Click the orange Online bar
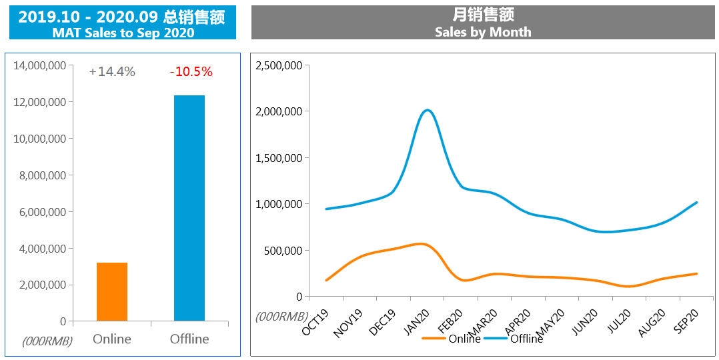(112, 292)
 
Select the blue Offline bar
(189, 208)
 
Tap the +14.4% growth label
(112, 71)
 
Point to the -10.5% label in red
(191, 71)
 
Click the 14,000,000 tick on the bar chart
(39, 65)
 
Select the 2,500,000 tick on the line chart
(279, 65)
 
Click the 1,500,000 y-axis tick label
(279, 158)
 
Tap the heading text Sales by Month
(483, 31)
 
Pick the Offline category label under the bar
(189, 339)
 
